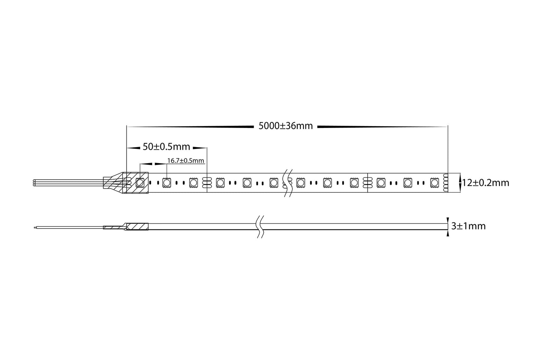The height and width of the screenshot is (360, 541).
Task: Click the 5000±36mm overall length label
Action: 286,126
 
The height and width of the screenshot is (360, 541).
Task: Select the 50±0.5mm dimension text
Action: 166,147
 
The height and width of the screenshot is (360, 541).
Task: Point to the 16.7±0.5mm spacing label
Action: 186,161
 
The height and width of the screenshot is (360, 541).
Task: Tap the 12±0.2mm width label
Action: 486,183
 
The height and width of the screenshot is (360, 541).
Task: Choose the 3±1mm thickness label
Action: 468,226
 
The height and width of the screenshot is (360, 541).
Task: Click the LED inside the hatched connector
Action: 140,183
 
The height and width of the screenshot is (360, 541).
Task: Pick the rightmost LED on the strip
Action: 434,183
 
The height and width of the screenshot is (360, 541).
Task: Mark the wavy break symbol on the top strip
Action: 288,183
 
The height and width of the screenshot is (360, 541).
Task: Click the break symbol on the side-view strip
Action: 259,226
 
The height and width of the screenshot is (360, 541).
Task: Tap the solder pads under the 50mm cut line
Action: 205,183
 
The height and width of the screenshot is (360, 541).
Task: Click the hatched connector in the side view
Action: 137,226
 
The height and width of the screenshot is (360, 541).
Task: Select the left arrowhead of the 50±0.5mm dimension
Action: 131,148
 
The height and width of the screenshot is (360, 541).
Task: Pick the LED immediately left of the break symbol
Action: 274,183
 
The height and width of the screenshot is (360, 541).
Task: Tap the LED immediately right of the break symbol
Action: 301,183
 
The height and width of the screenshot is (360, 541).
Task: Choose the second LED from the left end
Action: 166,183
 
